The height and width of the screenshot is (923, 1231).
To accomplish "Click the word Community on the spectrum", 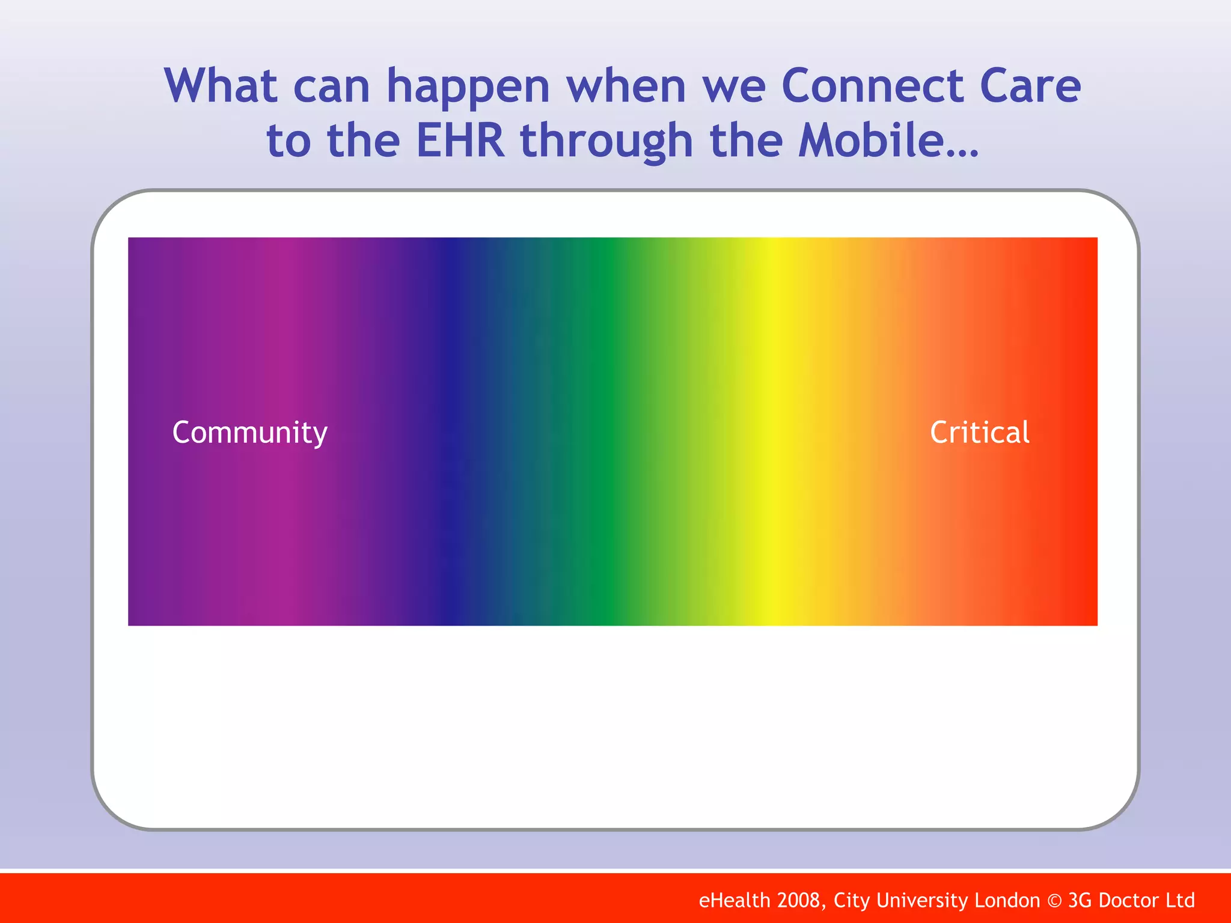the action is click(250, 433).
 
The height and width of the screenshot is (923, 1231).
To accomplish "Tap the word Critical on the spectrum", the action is click(980, 432).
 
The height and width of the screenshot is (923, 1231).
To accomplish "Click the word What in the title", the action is click(221, 85).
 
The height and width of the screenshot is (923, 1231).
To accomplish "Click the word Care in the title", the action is click(1030, 85).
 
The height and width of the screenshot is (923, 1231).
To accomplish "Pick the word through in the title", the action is click(606, 143).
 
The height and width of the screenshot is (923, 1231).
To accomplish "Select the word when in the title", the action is click(626, 85).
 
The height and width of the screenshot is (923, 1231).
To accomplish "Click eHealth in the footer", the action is click(734, 900).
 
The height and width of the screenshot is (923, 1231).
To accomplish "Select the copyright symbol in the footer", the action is click(1054, 901).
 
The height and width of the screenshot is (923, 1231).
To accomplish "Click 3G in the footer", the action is click(1080, 900).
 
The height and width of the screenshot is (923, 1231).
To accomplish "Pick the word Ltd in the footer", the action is click(1181, 900).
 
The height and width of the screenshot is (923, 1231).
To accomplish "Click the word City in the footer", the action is click(852, 901).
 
